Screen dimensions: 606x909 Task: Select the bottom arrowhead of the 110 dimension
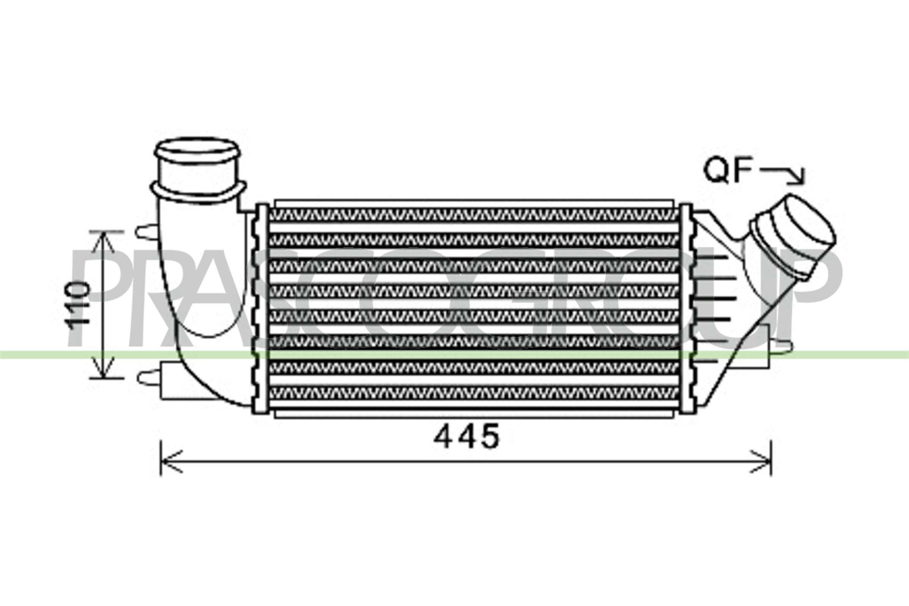(104, 369)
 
